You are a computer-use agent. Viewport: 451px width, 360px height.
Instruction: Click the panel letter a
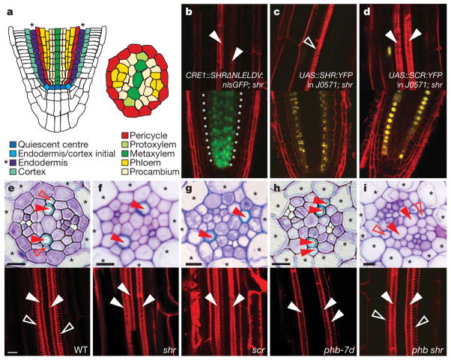pos(5,7)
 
